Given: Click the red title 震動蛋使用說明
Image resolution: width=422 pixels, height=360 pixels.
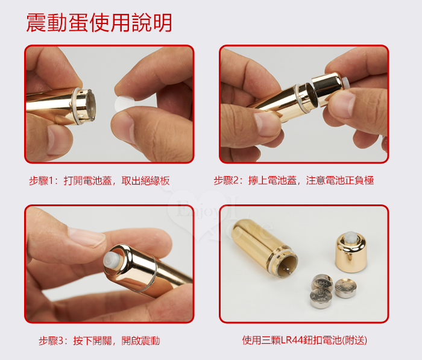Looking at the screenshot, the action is point(99,23).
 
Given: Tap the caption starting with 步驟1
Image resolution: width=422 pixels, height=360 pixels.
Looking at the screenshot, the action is point(99,181).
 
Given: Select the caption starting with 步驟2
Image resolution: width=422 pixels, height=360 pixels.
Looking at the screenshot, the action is point(294,180).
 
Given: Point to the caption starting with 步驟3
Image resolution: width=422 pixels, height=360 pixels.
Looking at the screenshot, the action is point(99,341).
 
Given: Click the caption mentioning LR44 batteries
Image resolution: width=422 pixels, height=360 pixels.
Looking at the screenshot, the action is point(304,340).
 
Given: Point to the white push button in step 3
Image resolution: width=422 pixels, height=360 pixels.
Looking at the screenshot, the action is point(110,262).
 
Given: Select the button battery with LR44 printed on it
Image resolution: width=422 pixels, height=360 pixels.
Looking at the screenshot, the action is point(322,283).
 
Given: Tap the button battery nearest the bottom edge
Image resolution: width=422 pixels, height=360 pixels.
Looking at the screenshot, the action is point(321,298).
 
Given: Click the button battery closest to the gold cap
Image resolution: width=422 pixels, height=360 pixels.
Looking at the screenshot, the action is point(346,288).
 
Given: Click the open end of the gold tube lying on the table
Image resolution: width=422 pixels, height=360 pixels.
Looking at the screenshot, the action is point(288,264).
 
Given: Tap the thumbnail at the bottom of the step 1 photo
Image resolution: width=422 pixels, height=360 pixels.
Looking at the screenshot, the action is point(57,140).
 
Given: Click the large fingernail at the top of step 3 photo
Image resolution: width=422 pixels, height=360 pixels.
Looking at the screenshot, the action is point(86,236).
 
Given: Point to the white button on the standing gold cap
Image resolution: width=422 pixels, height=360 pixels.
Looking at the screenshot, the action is point(351,238).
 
